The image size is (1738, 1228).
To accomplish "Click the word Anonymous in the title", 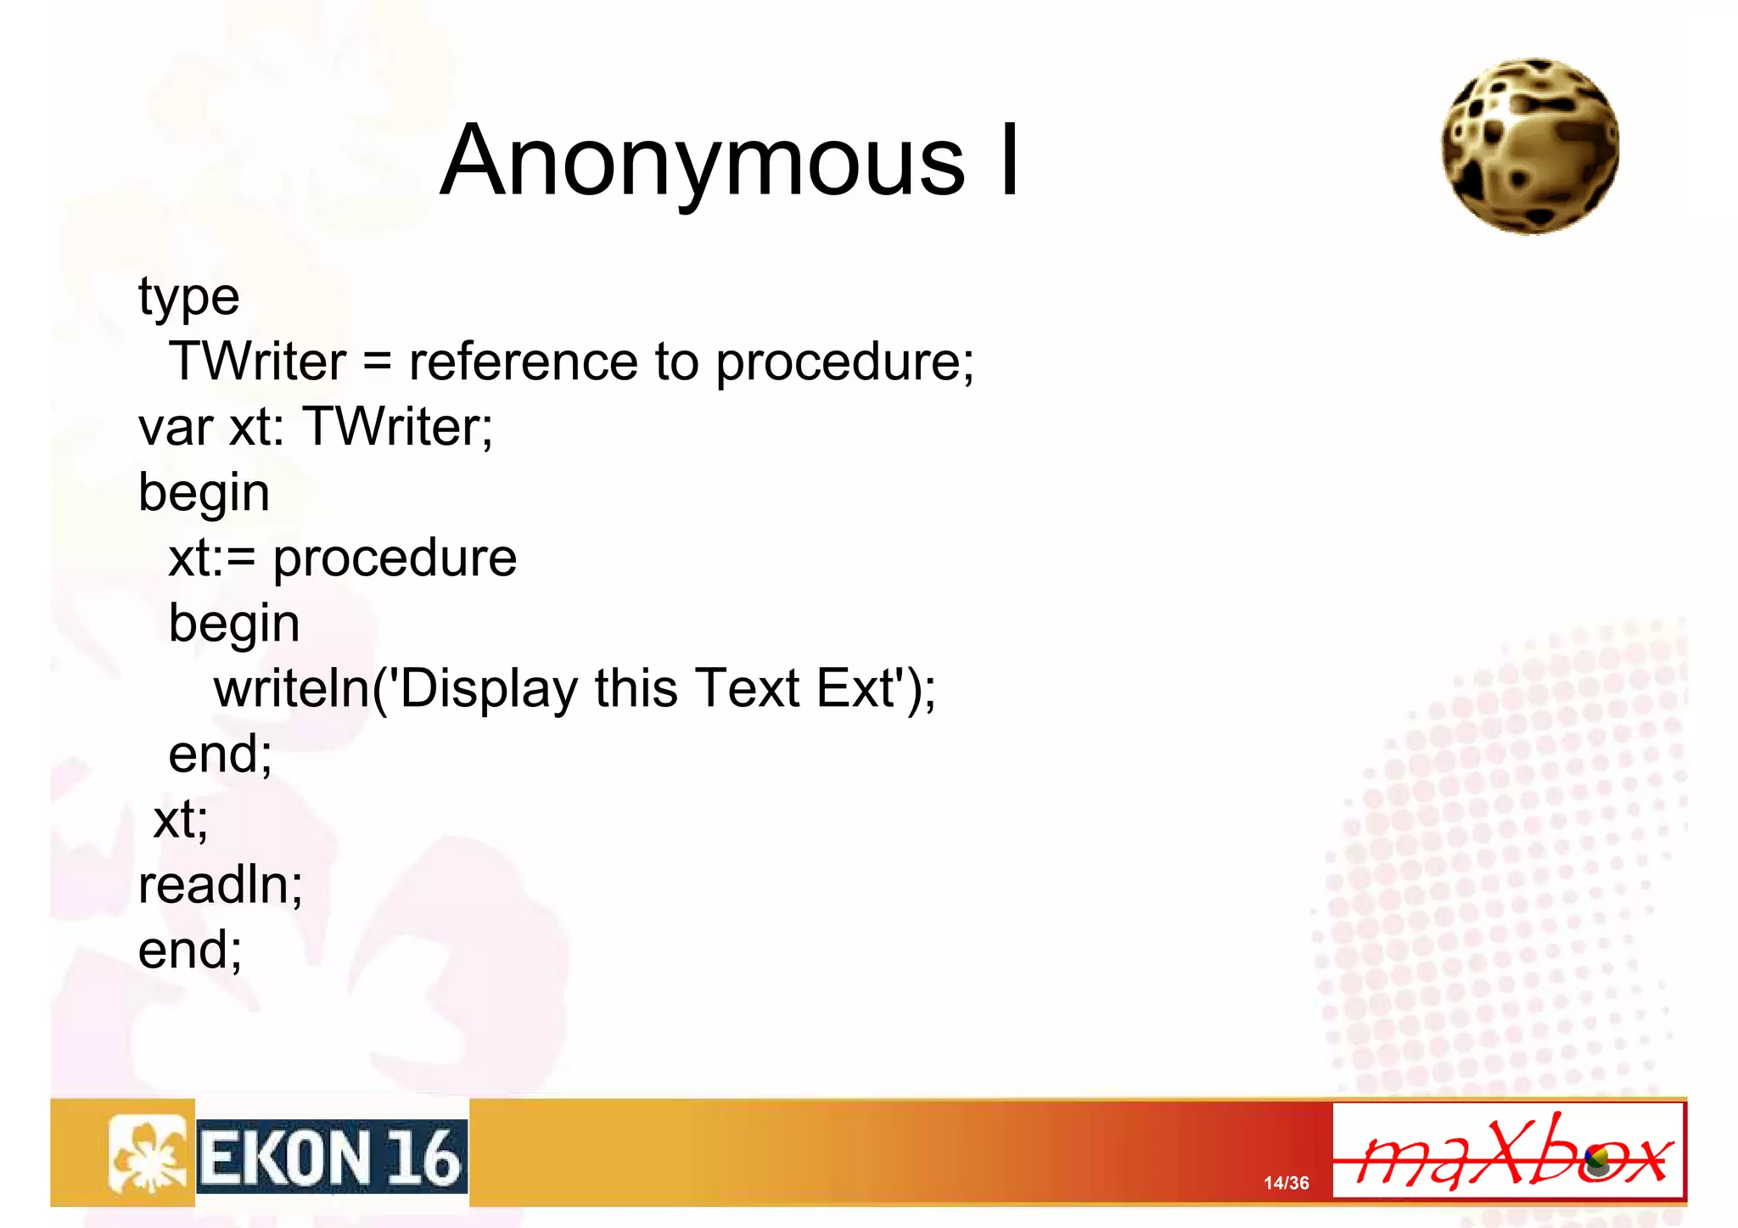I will [702, 161].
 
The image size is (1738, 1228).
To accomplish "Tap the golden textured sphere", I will [1530, 146].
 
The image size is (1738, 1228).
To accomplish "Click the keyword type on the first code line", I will [188, 297].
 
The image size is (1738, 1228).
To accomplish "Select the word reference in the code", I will [523, 362].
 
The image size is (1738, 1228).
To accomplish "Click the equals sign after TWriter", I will [377, 363].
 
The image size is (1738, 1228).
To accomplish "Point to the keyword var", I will [175, 427].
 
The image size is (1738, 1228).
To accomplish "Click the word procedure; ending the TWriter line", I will [844, 363].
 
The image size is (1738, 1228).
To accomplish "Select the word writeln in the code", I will [291, 688].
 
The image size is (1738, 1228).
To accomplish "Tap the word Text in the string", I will [747, 688].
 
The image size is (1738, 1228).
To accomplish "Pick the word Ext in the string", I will [857, 688].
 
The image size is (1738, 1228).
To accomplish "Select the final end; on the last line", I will [190, 950].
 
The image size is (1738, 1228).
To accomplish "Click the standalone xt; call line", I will [180, 820].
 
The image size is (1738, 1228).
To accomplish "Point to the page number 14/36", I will [1286, 1183].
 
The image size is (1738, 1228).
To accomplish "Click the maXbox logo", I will [1508, 1152].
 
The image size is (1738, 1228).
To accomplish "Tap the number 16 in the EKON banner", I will [424, 1158].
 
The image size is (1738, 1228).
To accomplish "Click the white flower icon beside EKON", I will [149, 1154].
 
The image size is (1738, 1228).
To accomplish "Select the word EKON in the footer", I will [284, 1158].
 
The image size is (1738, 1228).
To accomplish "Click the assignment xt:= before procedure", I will [211, 558].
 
